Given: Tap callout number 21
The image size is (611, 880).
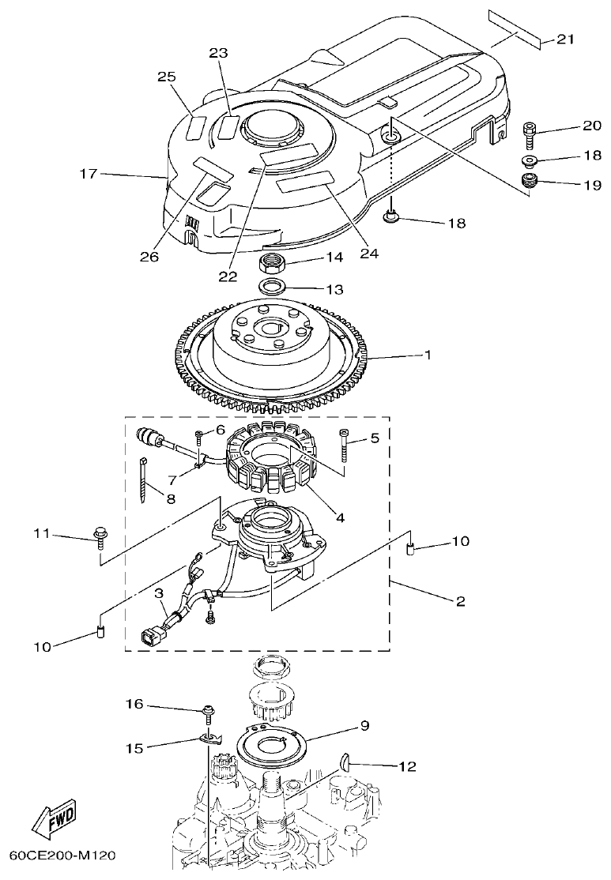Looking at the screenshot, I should (x=566, y=39).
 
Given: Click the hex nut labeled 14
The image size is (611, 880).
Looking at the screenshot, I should (x=273, y=262).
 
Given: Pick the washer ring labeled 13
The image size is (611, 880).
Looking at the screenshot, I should (x=273, y=286).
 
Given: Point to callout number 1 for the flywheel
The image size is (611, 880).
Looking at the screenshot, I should (x=428, y=355).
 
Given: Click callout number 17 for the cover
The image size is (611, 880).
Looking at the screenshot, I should (x=89, y=173).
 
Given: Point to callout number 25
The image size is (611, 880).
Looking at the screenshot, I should (x=166, y=77).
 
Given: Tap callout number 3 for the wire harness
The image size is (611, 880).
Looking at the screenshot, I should (x=159, y=592).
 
